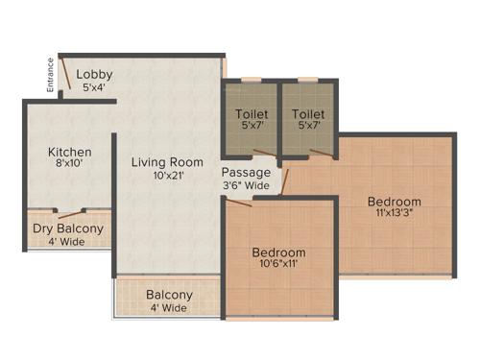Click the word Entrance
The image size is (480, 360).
tap(49, 77)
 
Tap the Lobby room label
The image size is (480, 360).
tap(95, 74)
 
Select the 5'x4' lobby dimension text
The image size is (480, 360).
tap(93, 87)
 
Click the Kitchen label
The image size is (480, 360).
tap(70, 152)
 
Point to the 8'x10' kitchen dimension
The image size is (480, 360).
tap(70, 165)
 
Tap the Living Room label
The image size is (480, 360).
tap(167, 161)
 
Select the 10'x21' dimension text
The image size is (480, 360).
tap(167, 176)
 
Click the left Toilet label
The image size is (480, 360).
tap(252, 114)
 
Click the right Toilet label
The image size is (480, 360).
tap(307, 114)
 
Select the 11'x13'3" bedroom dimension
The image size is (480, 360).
tap(394, 216)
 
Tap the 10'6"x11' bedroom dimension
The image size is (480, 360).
tap(278, 267)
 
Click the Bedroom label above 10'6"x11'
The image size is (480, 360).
tap(278, 252)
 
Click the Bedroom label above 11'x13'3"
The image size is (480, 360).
tap(394, 202)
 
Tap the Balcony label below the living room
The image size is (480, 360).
tap(169, 295)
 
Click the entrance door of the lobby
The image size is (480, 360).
tap(63, 74)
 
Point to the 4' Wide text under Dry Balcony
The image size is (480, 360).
tap(67, 242)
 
